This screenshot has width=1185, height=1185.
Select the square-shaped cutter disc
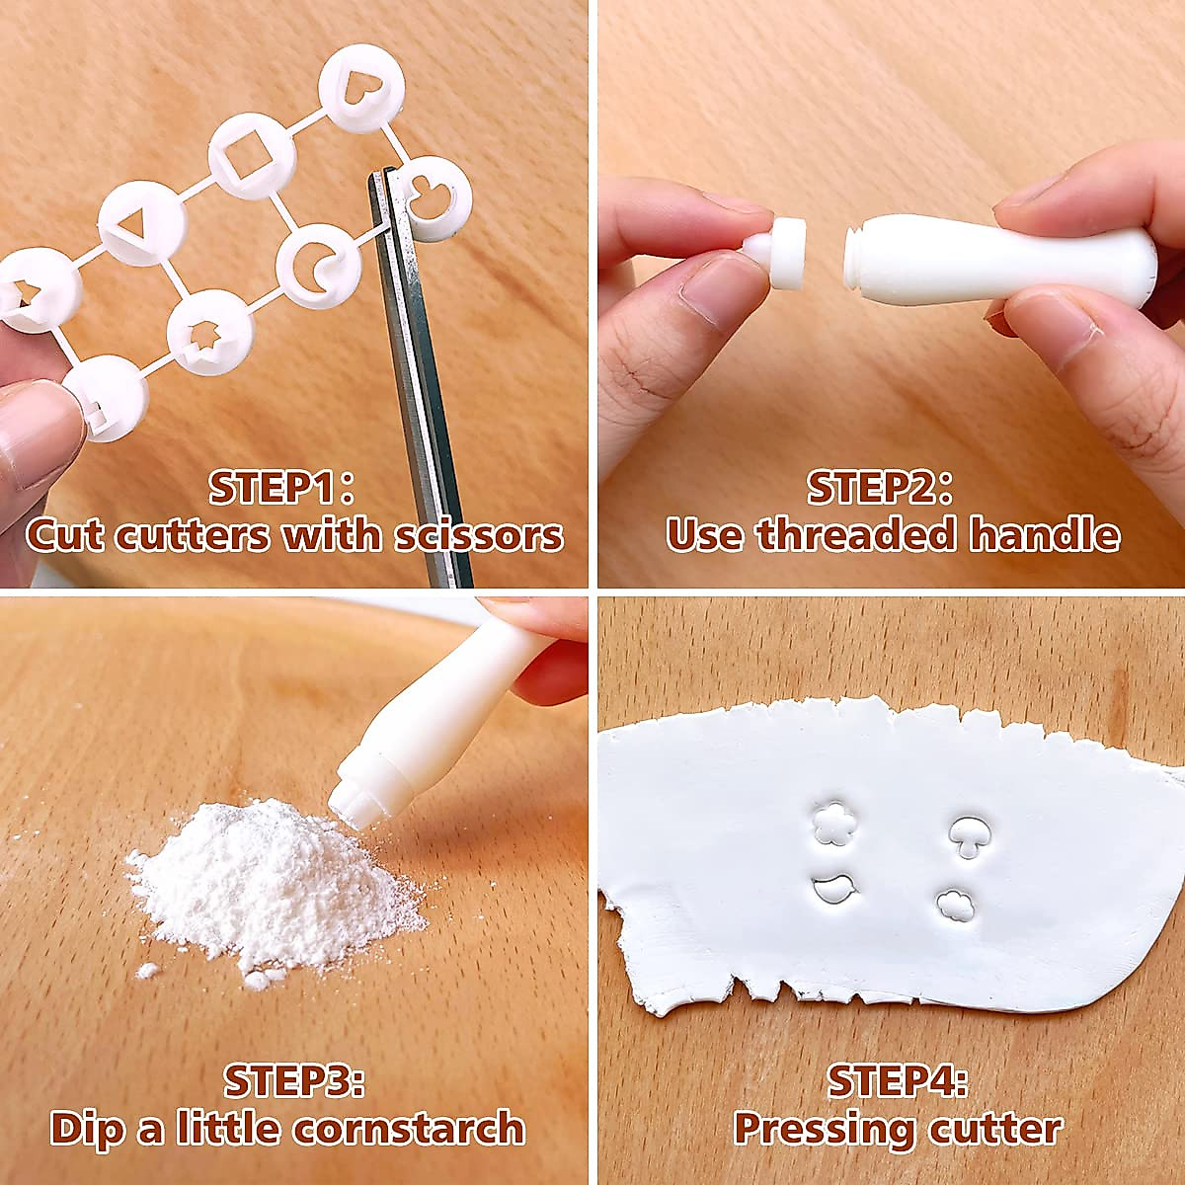252,156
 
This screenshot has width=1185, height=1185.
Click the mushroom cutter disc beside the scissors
435,198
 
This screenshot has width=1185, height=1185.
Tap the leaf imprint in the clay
836,891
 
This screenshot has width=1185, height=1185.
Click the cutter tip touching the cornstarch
357,798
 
